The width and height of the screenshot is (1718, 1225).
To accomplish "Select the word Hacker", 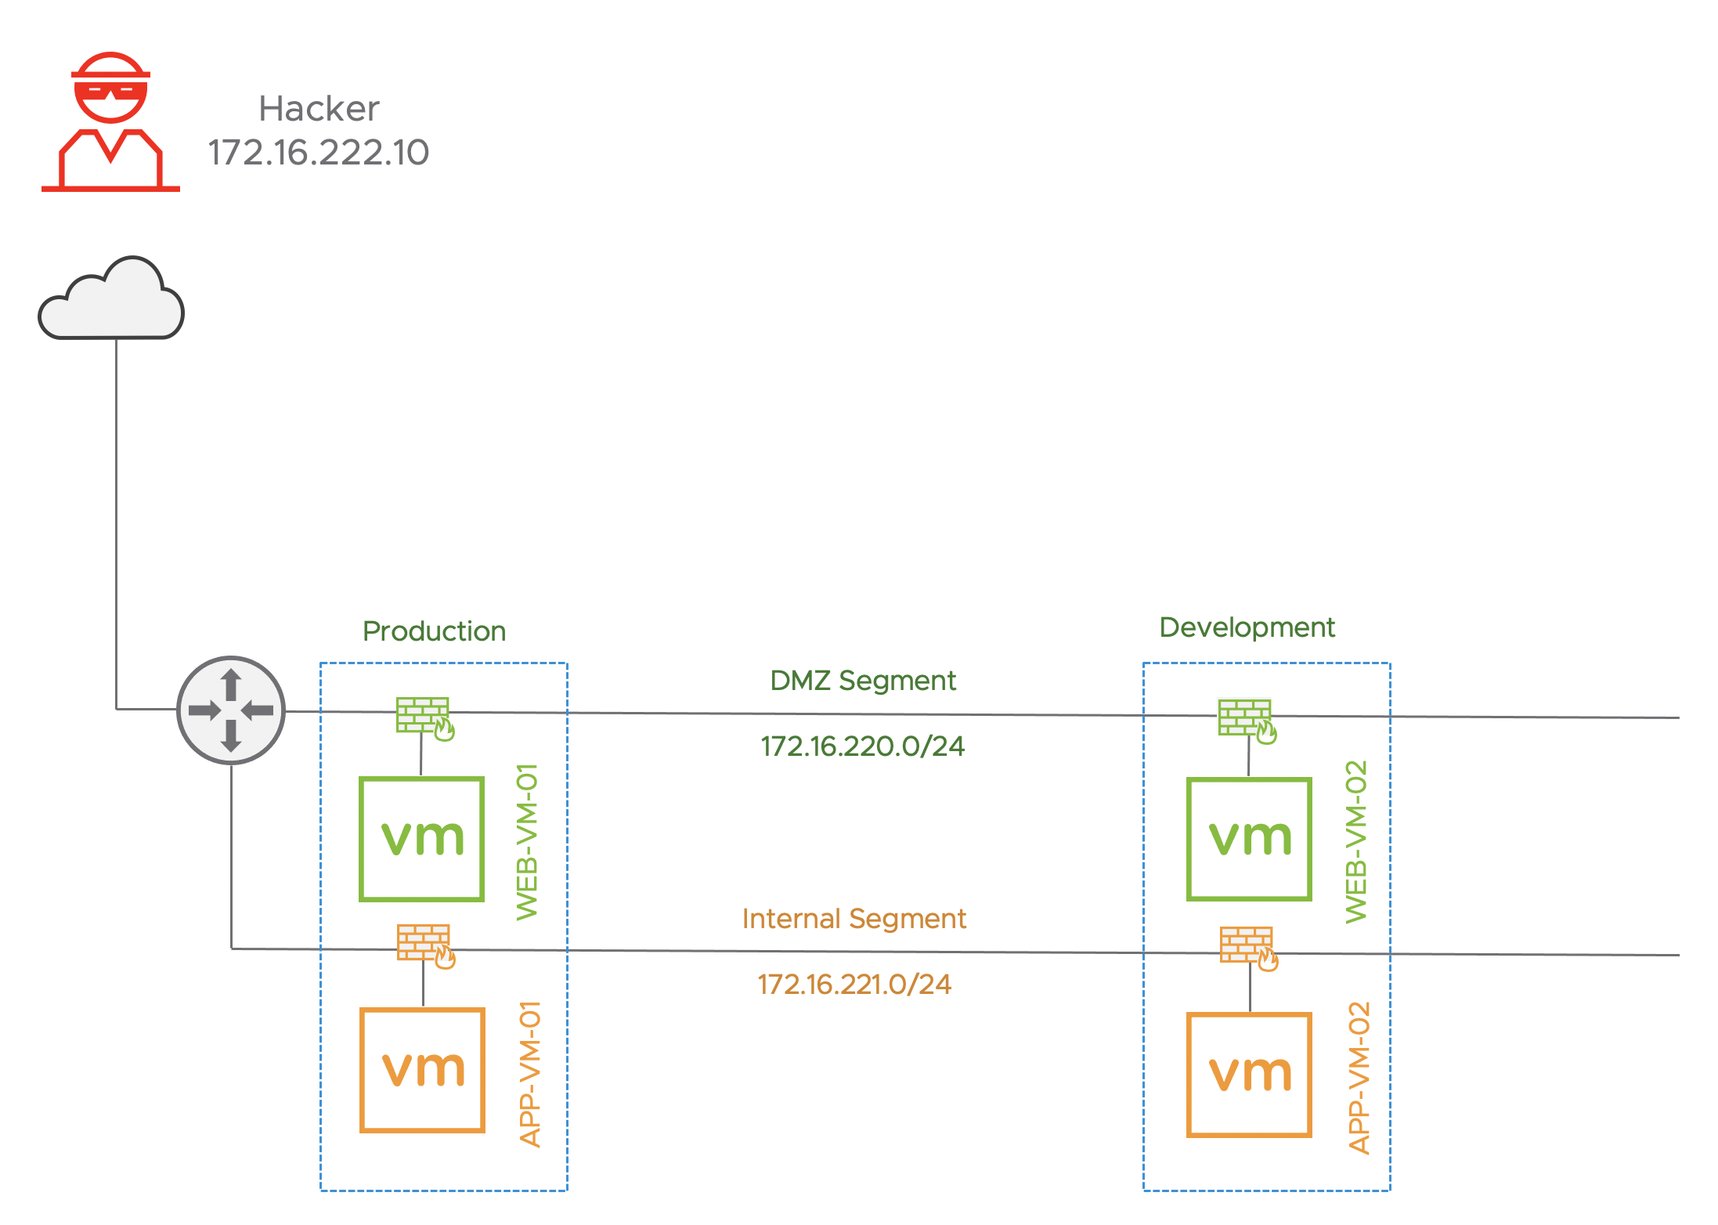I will (319, 109).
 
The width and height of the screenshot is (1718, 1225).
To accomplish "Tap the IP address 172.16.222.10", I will (318, 152).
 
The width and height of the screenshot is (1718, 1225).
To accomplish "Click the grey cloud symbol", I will (111, 302).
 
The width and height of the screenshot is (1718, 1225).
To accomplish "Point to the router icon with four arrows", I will (231, 710).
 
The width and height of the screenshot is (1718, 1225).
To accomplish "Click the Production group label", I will (434, 631).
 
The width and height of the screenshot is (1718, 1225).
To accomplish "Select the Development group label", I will (1247, 627).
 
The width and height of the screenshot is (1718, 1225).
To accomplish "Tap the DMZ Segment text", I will (862, 681).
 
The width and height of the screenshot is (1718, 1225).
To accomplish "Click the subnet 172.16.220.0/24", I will (862, 746).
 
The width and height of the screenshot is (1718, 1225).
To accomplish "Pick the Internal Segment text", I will (854, 919).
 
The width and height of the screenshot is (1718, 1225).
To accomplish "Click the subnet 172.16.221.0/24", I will (854, 985).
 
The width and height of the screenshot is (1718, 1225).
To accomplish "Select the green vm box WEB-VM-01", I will (422, 839).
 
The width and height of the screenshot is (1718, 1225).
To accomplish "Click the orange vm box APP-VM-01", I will (423, 1070).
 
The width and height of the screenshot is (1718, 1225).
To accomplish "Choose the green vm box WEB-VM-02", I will (1249, 839).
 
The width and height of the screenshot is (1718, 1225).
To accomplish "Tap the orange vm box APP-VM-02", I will (1249, 1075).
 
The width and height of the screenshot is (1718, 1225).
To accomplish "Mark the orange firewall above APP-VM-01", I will (425, 945).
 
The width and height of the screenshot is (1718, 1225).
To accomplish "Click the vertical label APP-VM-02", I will (1359, 1078).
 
